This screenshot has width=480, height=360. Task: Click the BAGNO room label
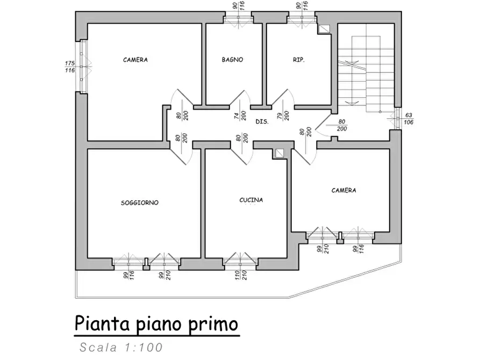point(232,60)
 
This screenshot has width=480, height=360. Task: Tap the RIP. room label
point(299,60)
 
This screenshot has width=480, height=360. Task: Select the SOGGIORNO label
point(140,203)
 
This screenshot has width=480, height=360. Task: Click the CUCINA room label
point(251,200)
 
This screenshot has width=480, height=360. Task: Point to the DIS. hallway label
point(262,122)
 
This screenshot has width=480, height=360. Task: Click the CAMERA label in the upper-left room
point(135,60)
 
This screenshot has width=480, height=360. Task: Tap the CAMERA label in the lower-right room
point(343,190)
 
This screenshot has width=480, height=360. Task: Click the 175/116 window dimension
point(69,67)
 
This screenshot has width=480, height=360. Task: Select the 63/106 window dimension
point(409,118)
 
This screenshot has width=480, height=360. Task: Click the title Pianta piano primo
point(155,325)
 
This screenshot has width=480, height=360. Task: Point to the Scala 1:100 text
point(120,348)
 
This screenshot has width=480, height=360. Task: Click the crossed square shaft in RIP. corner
point(324,30)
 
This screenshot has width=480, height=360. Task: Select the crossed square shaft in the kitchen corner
point(280,154)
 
